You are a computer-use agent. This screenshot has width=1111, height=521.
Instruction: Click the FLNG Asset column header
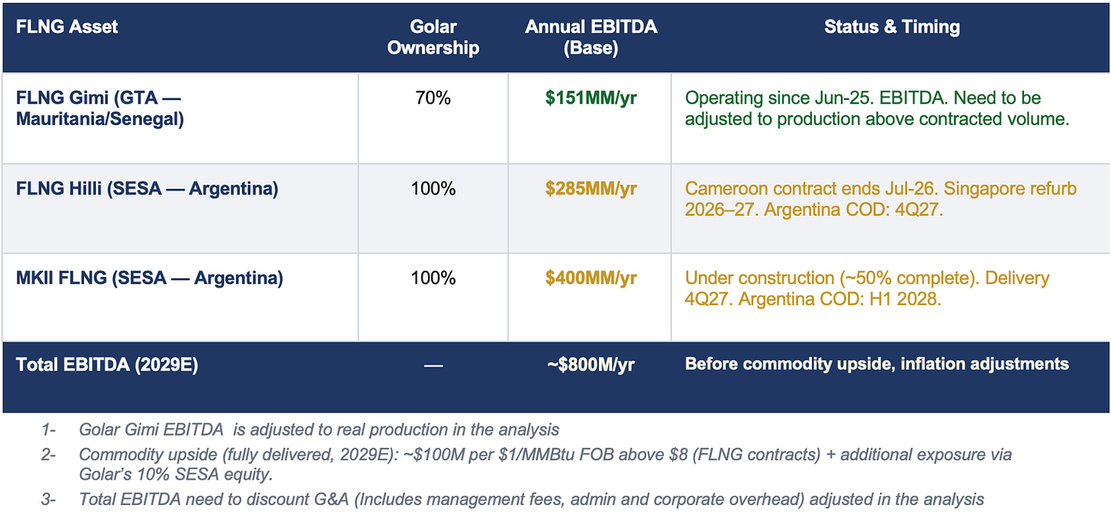click(67, 27)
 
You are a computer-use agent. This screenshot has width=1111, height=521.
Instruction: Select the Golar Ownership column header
click(433, 37)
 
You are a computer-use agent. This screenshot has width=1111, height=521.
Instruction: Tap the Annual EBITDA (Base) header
click(591, 37)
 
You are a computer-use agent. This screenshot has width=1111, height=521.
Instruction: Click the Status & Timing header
click(891, 27)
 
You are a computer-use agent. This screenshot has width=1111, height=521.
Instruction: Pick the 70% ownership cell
click(433, 98)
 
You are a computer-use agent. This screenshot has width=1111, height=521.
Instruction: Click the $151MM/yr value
click(591, 98)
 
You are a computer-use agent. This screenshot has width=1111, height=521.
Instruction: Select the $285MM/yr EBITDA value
click(591, 188)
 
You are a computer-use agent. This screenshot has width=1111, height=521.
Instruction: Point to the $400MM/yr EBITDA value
click(591, 278)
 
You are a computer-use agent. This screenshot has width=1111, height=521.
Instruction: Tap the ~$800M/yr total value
click(591, 365)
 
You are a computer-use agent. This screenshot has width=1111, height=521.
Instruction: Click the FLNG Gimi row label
click(99, 108)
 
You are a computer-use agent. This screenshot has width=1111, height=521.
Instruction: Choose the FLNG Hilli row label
click(147, 188)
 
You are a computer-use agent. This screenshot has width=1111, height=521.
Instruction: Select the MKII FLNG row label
click(149, 278)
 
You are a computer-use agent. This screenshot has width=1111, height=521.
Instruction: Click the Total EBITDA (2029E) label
click(107, 365)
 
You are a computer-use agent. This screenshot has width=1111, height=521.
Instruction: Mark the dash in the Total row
click(433, 365)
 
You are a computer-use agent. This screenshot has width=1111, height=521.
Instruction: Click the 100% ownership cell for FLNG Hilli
click(433, 188)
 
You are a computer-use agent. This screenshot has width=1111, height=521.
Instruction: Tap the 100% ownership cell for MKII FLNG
click(433, 278)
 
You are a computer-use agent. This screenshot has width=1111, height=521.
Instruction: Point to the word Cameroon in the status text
click(722, 188)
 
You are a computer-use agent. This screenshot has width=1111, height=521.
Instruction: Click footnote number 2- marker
click(49, 455)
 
